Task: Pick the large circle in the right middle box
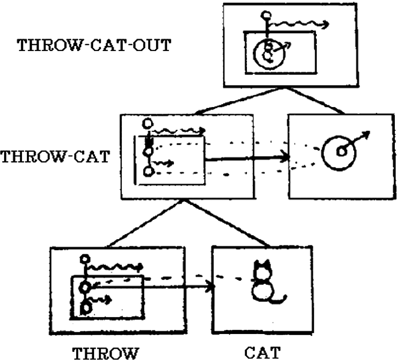[339, 152]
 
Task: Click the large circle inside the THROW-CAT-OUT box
[268, 53]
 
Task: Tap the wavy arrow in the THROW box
[114, 267]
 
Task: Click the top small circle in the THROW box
[84, 259]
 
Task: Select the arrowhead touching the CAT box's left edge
[209, 286]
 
